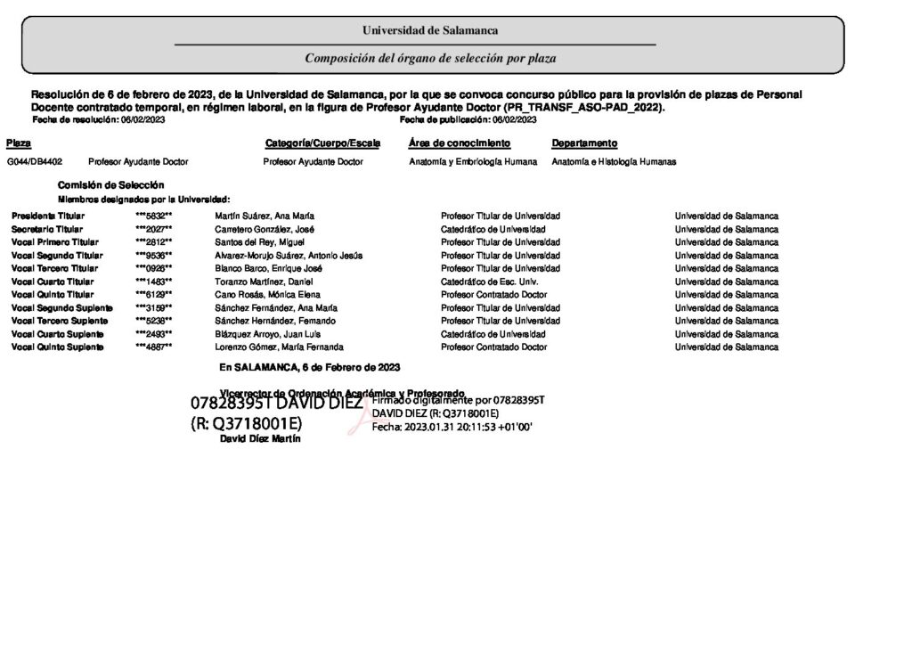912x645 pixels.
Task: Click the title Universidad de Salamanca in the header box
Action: click(429, 30)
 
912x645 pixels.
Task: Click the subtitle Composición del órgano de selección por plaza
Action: click(430, 58)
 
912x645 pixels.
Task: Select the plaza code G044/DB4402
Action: click(35, 162)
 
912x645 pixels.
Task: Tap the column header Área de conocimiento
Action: click(460, 143)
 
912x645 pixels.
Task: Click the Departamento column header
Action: click(584, 143)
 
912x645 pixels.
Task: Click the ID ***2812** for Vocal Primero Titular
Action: click(153, 242)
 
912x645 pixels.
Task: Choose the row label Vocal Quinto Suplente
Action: click(57, 347)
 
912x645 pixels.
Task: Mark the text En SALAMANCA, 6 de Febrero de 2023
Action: click(309, 367)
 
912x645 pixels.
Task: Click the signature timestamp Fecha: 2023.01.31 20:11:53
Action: click(452, 427)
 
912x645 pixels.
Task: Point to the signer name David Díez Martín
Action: click(260, 439)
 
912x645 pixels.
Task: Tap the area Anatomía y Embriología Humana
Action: click(473, 162)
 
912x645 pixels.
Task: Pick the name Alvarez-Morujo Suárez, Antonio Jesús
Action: click(289, 256)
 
